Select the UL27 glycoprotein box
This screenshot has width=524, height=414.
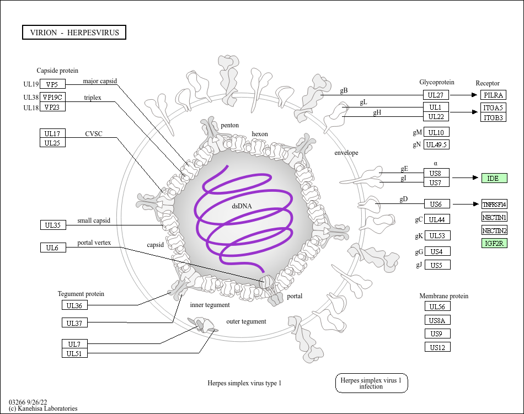click(x=436, y=95)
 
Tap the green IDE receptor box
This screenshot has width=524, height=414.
click(x=494, y=178)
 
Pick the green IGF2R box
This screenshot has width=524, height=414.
click(x=494, y=243)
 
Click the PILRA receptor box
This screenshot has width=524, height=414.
click(x=494, y=95)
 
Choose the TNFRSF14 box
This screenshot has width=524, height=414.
click(x=494, y=204)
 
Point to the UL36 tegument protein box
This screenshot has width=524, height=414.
click(x=74, y=305)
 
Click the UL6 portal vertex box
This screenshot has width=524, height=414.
click(x=52, y=248)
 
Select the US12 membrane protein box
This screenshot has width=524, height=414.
click(x=437, y=347)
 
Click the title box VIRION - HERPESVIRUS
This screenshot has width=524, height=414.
click(x=74, y=33)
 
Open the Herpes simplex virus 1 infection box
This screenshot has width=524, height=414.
click(x=371, y=383)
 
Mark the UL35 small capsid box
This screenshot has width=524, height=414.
click(x=52, y=224)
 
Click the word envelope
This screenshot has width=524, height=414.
click(x=346, y=153)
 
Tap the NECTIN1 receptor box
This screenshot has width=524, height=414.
click(x=494, y=217)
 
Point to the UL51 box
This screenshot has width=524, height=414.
click(x=74, y=353)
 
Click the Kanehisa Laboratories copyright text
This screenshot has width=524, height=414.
click(x=43, y=408)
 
